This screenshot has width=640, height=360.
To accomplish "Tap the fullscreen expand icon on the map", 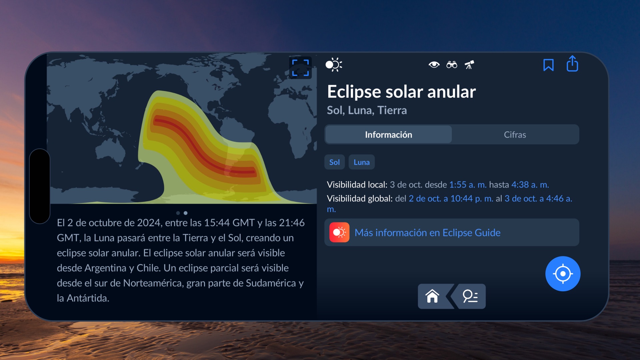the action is click(300, 68).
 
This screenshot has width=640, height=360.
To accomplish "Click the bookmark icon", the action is click(548, 65).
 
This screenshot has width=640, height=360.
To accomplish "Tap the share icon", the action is click(572, 64).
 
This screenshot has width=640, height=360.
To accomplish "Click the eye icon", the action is click(434, 65).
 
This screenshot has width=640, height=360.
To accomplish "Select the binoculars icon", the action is click(452, 65).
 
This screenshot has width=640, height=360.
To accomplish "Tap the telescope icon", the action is click(469, 65).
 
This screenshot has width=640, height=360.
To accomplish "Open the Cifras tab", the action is click(515, 135).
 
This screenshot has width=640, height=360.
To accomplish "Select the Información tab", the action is click(389, 135).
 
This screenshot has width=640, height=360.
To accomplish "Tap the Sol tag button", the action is click(334, 162).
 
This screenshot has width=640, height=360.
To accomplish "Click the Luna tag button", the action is click(362, 162).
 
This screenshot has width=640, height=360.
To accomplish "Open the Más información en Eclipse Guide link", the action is click(428, 233).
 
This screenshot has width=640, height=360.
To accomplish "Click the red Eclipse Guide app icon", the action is click(339, 232).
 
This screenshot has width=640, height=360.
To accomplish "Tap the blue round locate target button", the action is click(563, 274).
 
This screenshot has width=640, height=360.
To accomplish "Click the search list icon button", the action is click(470, 296).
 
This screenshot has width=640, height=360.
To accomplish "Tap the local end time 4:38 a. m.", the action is click(530, 185).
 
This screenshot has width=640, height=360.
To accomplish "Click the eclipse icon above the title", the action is click(334, 65).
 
